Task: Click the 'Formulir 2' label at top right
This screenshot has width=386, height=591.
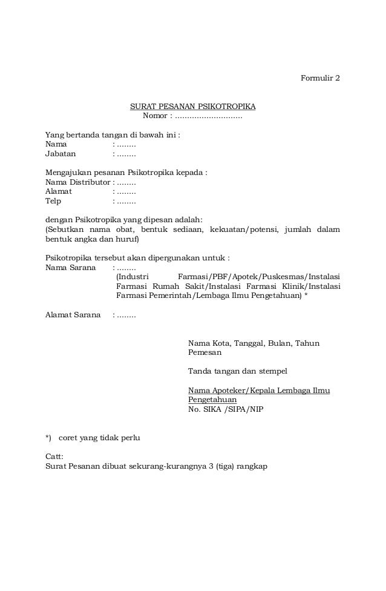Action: coord(321,79)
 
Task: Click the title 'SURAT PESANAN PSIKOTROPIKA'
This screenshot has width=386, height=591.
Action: coord(193,107)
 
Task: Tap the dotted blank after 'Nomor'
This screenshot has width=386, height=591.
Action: coord(208,116)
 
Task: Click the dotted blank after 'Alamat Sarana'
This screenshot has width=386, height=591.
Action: coord(125,315)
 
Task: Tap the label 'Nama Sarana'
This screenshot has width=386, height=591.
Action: coord(70,267)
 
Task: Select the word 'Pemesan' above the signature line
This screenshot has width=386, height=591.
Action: coord(204,352)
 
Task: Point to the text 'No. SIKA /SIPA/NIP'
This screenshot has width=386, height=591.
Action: coord(226,409)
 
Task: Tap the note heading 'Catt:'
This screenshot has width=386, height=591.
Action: coord(54,457)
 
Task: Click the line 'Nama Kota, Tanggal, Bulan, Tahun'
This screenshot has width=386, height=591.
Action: coord(254,343)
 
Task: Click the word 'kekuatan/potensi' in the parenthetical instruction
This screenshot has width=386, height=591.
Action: coord(246,229)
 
